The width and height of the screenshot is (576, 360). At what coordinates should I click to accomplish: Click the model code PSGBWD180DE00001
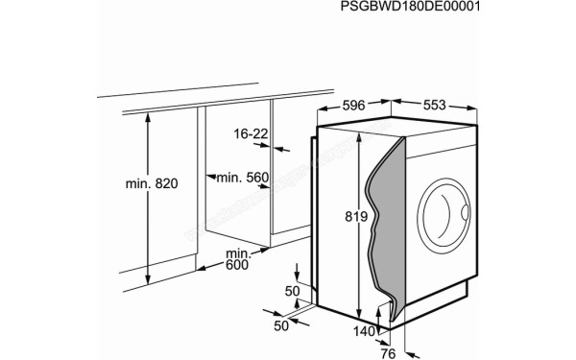coord(410,7)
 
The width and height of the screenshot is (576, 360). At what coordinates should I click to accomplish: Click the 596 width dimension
coord(353,106)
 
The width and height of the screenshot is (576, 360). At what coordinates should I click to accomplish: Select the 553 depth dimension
coord(434,105)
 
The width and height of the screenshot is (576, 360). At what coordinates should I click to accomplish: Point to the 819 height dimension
coord(356,217)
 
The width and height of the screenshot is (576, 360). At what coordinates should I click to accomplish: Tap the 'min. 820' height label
coord(152,183)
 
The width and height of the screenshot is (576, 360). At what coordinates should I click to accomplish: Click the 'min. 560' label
coord(243,178)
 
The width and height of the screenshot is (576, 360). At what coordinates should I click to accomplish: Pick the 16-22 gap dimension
coord(251,134)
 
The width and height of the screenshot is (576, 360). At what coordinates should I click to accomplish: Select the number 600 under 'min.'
coord(237,265)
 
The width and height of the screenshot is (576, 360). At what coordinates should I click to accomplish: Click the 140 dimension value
coord(364,332)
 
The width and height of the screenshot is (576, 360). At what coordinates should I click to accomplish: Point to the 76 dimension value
coord(388,353)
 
